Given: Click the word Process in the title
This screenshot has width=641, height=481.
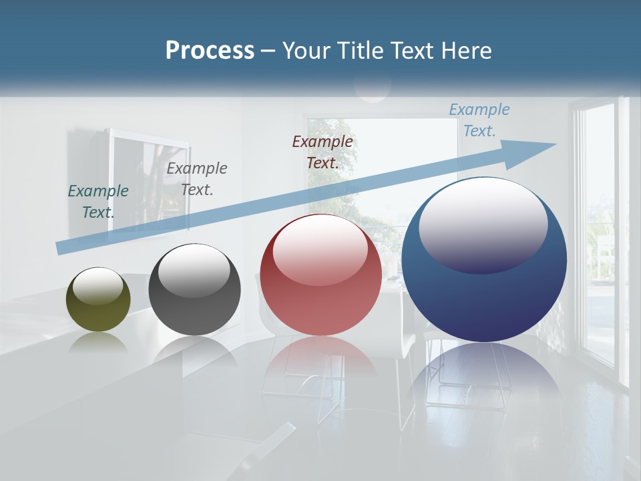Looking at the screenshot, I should (210, 51).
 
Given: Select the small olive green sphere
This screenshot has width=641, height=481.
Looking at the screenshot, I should (98, 311).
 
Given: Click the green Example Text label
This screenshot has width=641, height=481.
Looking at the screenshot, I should (98, 201).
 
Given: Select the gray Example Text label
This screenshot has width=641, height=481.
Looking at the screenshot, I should (197, 179).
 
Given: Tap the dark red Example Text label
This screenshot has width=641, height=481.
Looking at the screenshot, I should (323, 152).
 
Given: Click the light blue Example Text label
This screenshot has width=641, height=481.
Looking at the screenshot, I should (479, 120).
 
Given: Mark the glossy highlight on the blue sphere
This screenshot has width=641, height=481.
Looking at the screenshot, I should (483, 224).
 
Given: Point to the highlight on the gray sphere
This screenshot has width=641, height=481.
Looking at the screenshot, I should (194, 271).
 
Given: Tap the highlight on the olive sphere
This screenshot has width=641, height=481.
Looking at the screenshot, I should (97, 286).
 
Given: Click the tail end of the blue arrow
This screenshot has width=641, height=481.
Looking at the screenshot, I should (63, 247).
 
